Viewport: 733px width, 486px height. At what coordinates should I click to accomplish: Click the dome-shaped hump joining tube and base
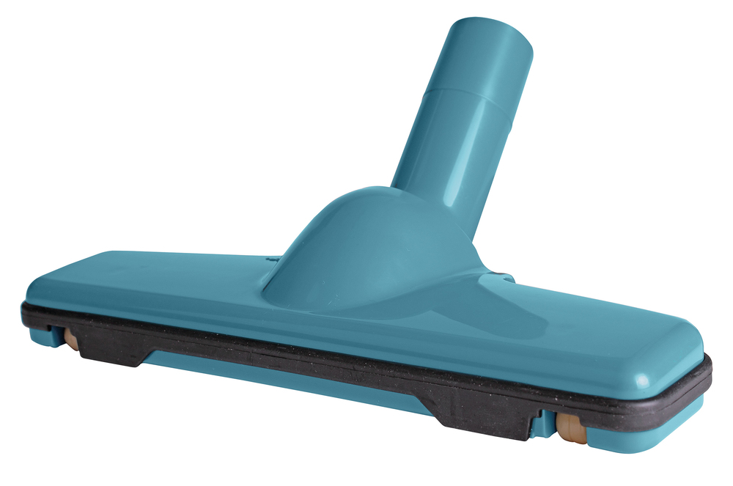[366, 242]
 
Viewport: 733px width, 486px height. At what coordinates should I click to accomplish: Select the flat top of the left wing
[147, 275]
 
